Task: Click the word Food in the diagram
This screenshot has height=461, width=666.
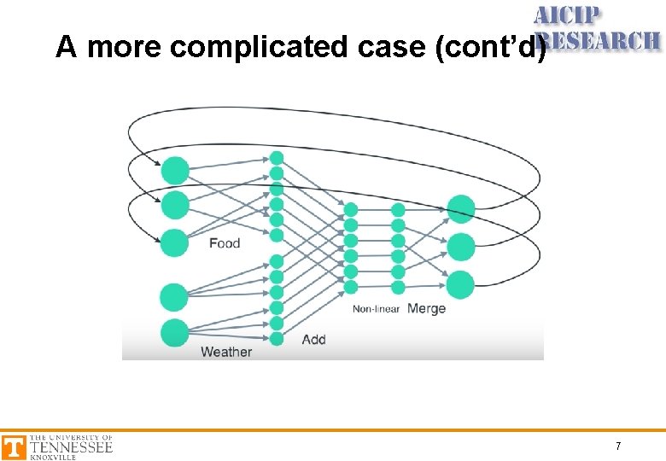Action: [x=225, y=243]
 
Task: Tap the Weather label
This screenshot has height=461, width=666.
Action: [x=226, y=352]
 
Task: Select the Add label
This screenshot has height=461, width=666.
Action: [x=313, y=339]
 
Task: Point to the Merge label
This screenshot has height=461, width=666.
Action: [x=426, y=308]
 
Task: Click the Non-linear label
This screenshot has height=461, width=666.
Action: [x=376, y=309]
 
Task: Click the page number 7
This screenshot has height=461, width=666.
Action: [x=618, y=446]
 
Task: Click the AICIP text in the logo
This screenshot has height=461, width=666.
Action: [x=568, y=15]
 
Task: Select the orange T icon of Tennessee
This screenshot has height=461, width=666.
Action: [x=14, y=447]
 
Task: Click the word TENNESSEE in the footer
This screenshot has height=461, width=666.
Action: [x=71, y=446]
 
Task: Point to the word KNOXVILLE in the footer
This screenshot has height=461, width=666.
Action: [x=53, y=458]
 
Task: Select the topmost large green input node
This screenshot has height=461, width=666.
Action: [x=174, y=170]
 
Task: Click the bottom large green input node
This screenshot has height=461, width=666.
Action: [x=174, y=332]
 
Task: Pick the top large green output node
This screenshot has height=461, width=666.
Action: [x=460, y=208]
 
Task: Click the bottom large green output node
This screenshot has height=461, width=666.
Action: [x=460, y=284]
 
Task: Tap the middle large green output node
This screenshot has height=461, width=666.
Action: [x=460, y=247]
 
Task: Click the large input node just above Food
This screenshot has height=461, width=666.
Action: [x=174, y=242]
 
